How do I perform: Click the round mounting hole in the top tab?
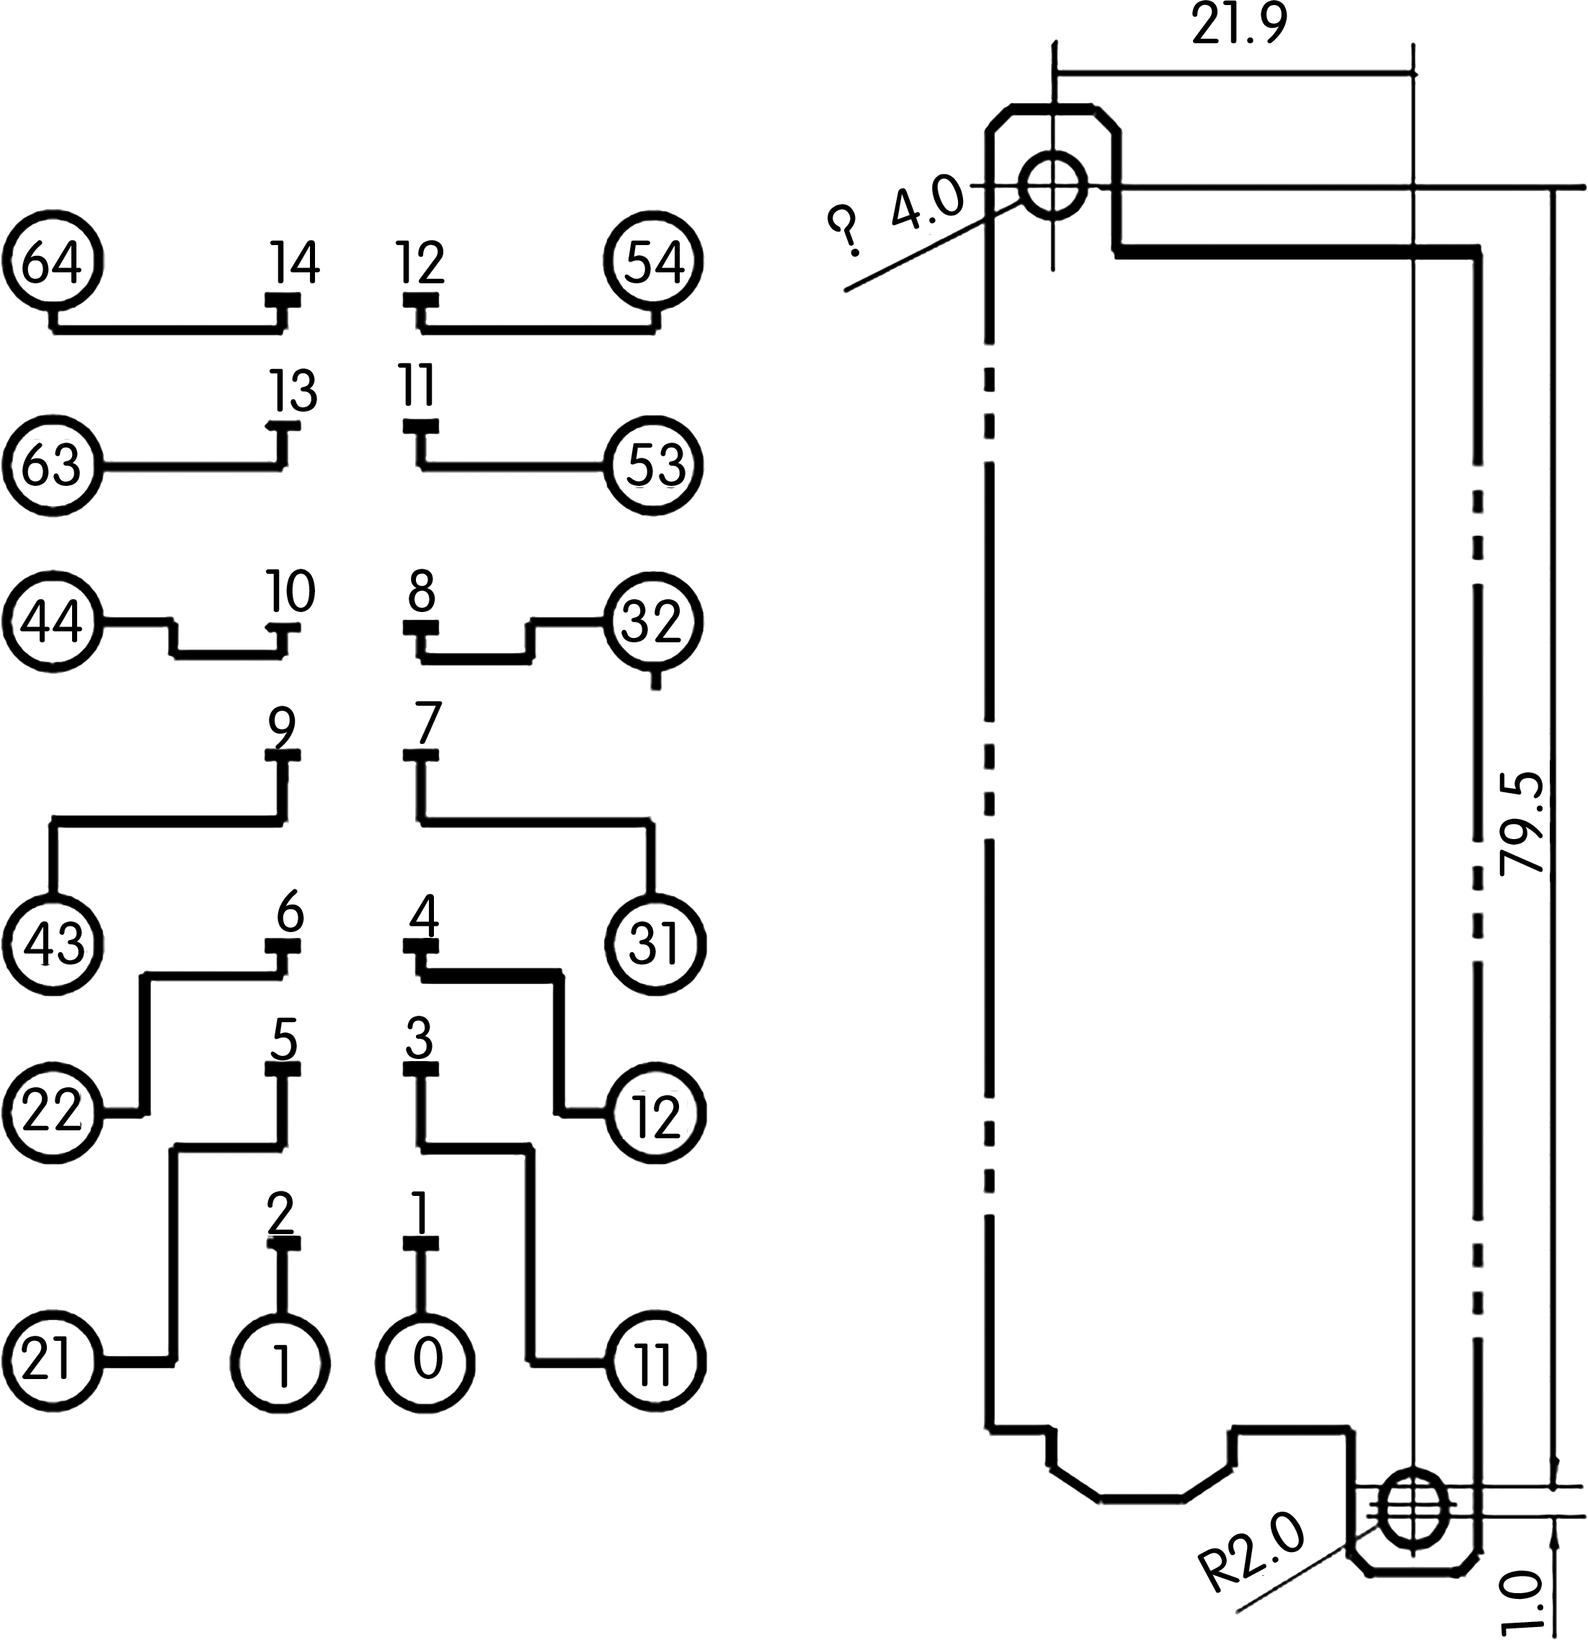tap(1053, 184)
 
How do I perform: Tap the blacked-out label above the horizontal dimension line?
tap(1239, 21)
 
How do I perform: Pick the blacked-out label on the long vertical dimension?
tap(1520, 824)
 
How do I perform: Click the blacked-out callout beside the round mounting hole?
tap(895, 215)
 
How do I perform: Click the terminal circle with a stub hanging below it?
tap(654, 621)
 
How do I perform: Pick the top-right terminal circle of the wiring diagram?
tap(654, 261)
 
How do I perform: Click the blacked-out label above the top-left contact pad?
tap(295, 262)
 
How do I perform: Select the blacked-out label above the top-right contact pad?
tap(420, 262)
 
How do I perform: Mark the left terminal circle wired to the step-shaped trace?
tap(53, 621)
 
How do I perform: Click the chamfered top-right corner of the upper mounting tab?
tap(1106, 118)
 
